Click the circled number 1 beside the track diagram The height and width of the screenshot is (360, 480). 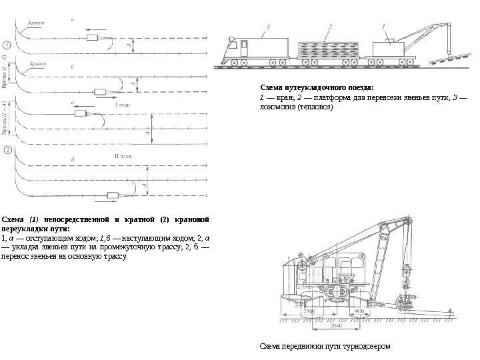tap(8, 45)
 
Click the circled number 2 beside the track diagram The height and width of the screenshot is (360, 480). tap(8, 150)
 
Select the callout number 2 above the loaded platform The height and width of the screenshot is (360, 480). tap(330, 27)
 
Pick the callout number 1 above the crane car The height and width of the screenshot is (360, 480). tap(384, 27)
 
